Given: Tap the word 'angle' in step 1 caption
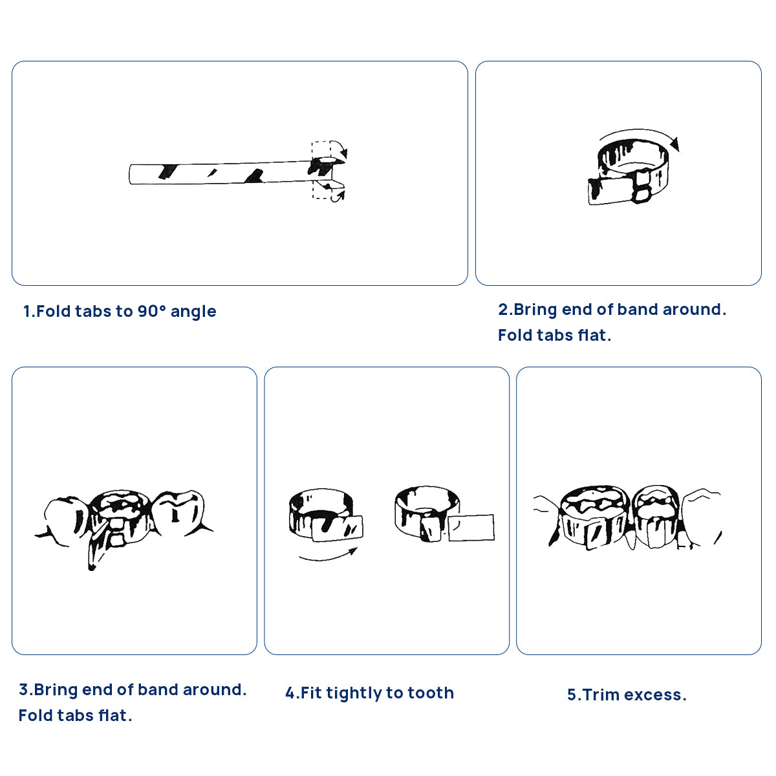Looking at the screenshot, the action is click(193, 312).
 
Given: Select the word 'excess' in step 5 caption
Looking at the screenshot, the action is click(652, 695).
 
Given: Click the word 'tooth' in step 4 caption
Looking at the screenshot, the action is click(431, 693).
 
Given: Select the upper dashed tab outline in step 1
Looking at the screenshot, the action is click(322, 149).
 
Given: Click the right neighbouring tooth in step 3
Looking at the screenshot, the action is click(180, 512).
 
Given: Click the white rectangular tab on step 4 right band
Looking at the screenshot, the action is click(471, 528).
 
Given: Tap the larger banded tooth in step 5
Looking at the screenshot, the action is click(594, 517).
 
